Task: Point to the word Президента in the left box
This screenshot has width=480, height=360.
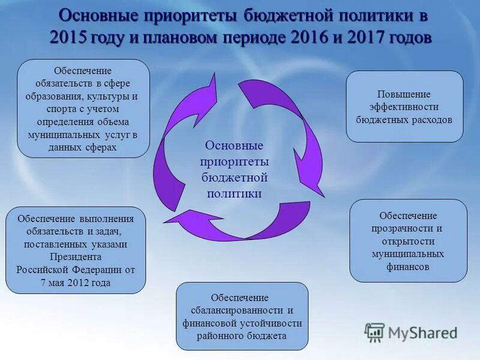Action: pos(76,257)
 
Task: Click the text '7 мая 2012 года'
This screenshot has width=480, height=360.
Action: pos(76,283)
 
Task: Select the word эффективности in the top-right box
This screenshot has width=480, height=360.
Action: pos(404,107)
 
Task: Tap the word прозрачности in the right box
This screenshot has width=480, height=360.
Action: pos(408,229)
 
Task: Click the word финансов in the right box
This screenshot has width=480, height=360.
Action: pos(408,267)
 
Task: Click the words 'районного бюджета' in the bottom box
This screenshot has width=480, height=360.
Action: pos(242,336)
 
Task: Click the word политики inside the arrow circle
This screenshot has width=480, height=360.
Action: pos(234,193)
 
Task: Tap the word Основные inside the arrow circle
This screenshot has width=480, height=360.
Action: pos(234,146)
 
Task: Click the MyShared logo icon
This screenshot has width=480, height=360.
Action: pos(374,332)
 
